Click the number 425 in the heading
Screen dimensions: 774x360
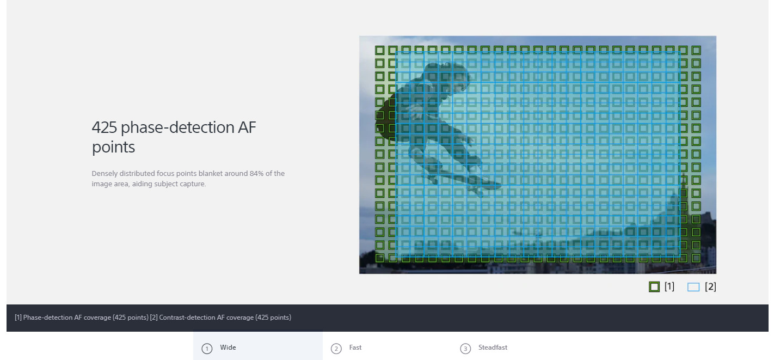pos(105,127)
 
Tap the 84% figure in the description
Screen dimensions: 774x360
pos(256,173)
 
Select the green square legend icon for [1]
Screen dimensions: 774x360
pos(654,286)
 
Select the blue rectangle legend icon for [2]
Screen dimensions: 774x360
pos(693,287)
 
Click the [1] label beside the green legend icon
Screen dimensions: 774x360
pos(669,286)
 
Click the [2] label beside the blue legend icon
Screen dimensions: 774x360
pos(710,286)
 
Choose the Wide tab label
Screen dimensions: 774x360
pos(228,347)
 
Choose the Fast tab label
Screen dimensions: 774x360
pos(355,347)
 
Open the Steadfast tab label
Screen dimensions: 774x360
pos(493,347)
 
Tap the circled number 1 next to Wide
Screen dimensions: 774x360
pos(207,349)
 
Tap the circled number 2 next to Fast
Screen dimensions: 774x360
pos(336,349)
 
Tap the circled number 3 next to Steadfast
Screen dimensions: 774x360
pos(465,349)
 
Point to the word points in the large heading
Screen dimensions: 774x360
pos(113,148)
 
